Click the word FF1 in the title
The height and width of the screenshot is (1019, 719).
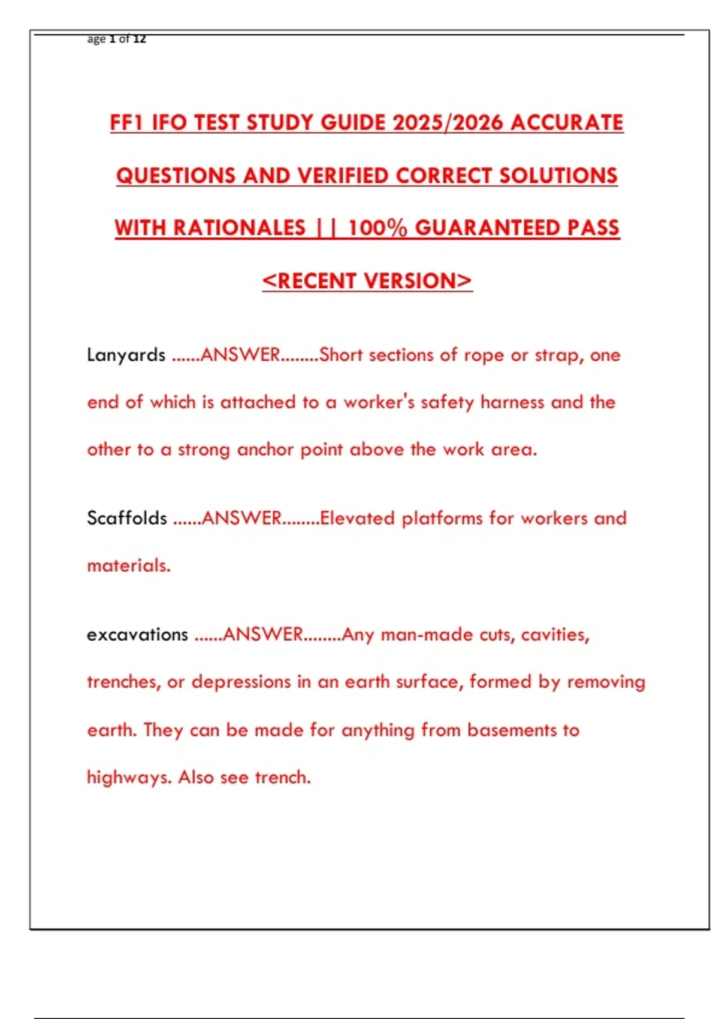click(127, 123)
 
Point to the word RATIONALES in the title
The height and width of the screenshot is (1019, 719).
click(240, 228)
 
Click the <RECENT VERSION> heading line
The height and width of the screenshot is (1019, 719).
click(367, 281)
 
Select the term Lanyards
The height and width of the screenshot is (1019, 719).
click(126, 355)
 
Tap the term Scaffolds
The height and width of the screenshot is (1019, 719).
click(126, 518)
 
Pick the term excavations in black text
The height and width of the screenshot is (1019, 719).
click(137, 634)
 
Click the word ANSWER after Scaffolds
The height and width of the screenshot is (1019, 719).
click(241, 518)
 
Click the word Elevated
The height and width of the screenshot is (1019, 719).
click(357, 518)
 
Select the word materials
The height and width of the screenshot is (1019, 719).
click(128, 565)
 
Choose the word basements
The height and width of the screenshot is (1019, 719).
click(512, 730)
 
